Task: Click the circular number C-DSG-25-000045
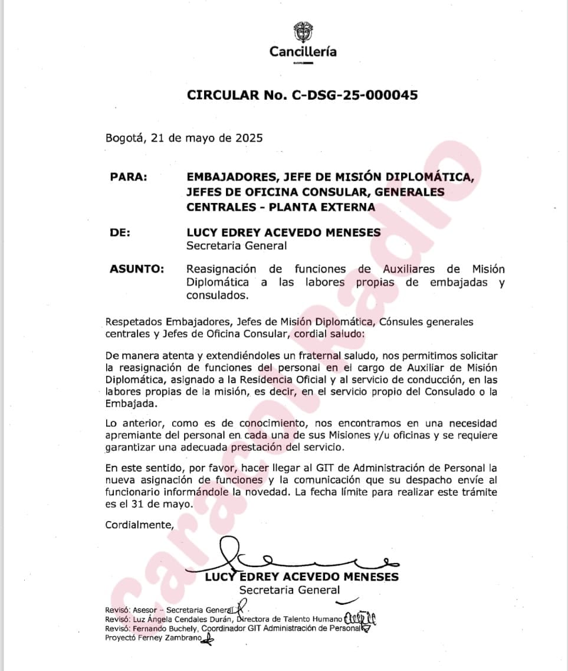tap(354, 95)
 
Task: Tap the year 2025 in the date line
tap(249, 139)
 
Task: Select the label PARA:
tap(129, 177)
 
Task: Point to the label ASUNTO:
tap(137, 269)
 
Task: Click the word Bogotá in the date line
tap(124, 139)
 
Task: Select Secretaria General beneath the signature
tap(289, 590)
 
